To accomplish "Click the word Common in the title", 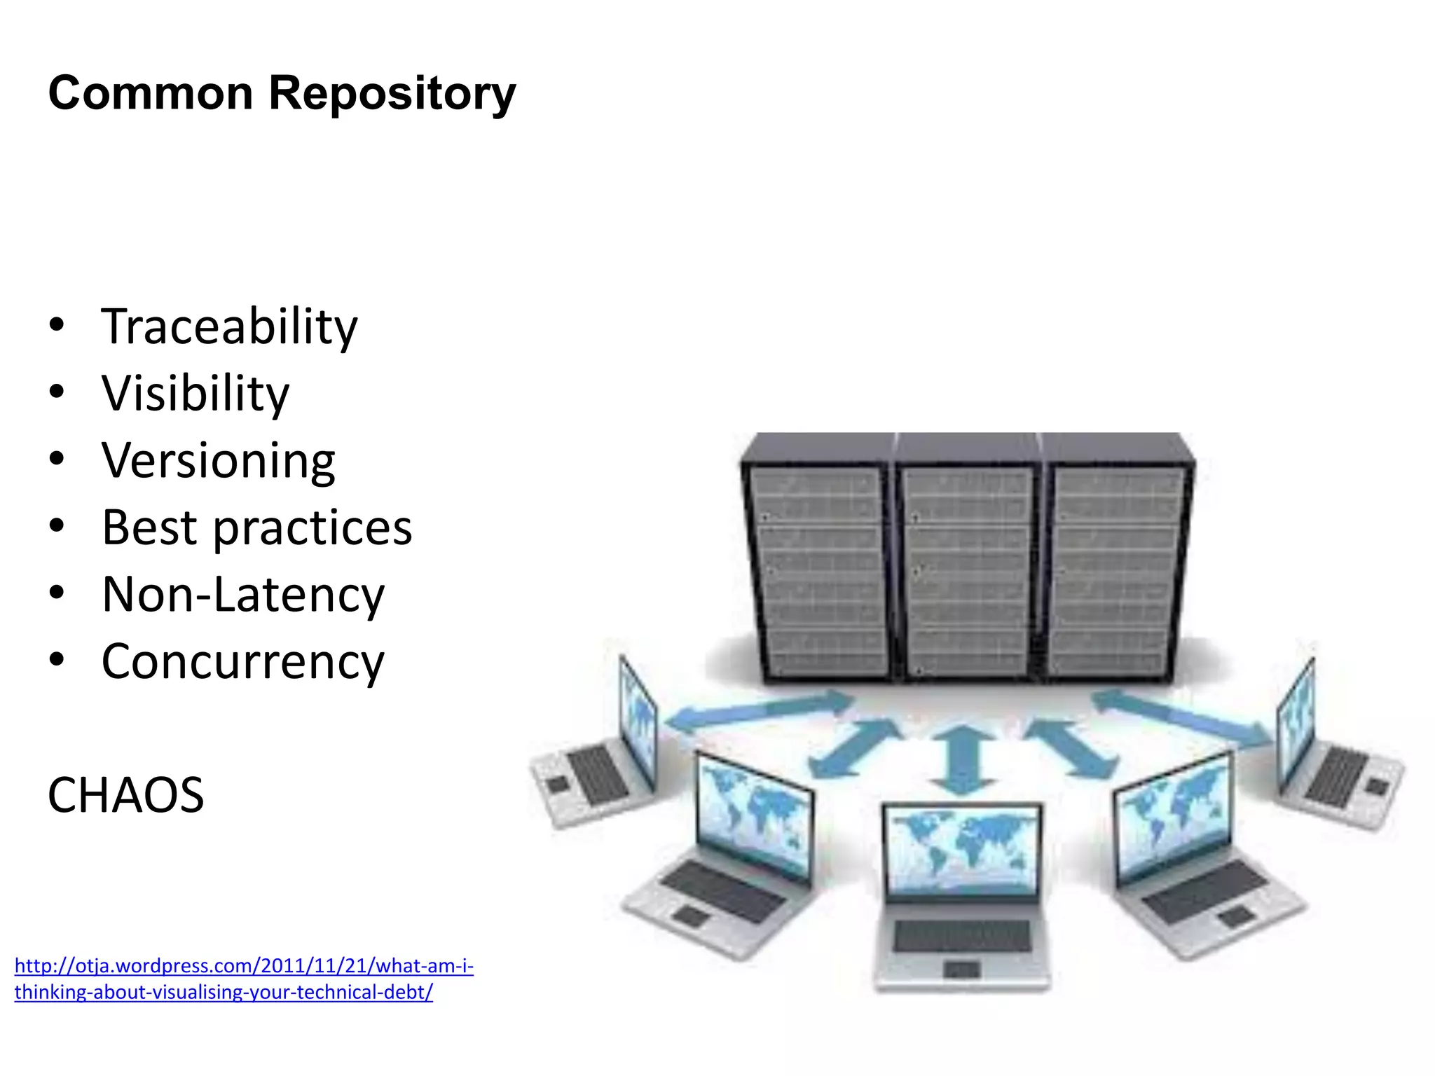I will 151,93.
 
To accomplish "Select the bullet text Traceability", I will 229,327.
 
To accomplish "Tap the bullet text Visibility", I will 195,394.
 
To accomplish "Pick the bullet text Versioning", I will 218,461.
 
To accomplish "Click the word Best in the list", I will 149,527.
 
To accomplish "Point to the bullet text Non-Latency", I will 243,595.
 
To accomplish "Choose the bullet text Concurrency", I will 243,662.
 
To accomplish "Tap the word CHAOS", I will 126,795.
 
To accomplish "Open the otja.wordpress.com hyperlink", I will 244,979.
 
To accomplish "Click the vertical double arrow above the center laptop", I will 964,760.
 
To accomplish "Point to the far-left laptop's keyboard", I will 597,774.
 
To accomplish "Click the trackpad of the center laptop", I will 961,970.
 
